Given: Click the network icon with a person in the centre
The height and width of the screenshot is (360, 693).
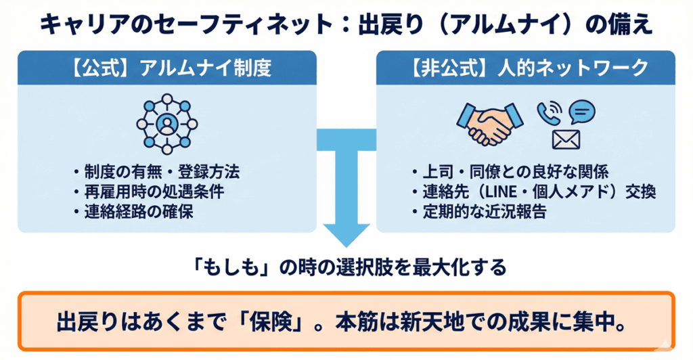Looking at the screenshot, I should point(166,124).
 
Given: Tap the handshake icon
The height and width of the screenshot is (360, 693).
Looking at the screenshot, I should point(489,124).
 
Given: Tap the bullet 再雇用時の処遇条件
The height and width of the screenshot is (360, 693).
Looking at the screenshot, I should point(156,192).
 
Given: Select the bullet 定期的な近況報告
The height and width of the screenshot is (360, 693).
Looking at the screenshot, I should point(483,212).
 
